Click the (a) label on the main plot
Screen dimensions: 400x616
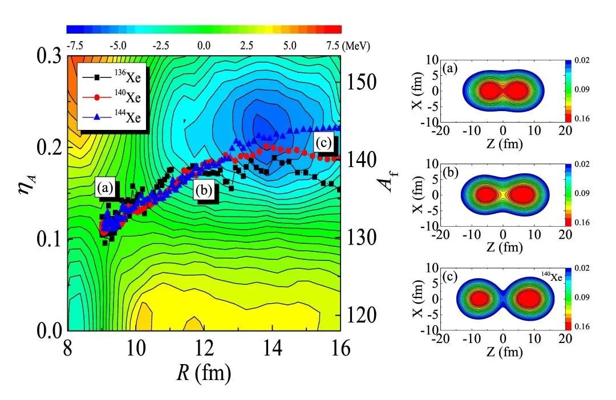coord(104,187)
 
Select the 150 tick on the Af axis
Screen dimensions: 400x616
coord(363,83)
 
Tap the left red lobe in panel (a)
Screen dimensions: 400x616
coord(488,91)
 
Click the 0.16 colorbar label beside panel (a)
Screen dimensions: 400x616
coord(583,118)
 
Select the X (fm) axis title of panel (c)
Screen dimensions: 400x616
coord(424,299)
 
